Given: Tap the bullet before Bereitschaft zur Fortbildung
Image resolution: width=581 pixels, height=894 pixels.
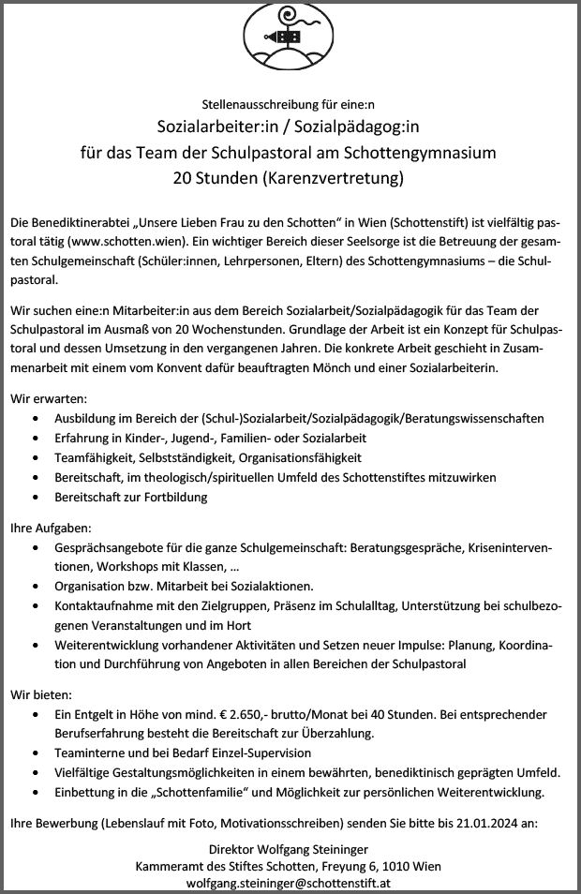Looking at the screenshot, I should (35, 497).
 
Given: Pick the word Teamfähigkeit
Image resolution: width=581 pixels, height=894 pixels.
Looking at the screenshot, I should (95, 457).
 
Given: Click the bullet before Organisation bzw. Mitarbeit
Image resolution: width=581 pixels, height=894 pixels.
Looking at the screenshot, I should (35, 587).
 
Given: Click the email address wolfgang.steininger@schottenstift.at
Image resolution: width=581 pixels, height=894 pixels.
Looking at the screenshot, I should (290, 883).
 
